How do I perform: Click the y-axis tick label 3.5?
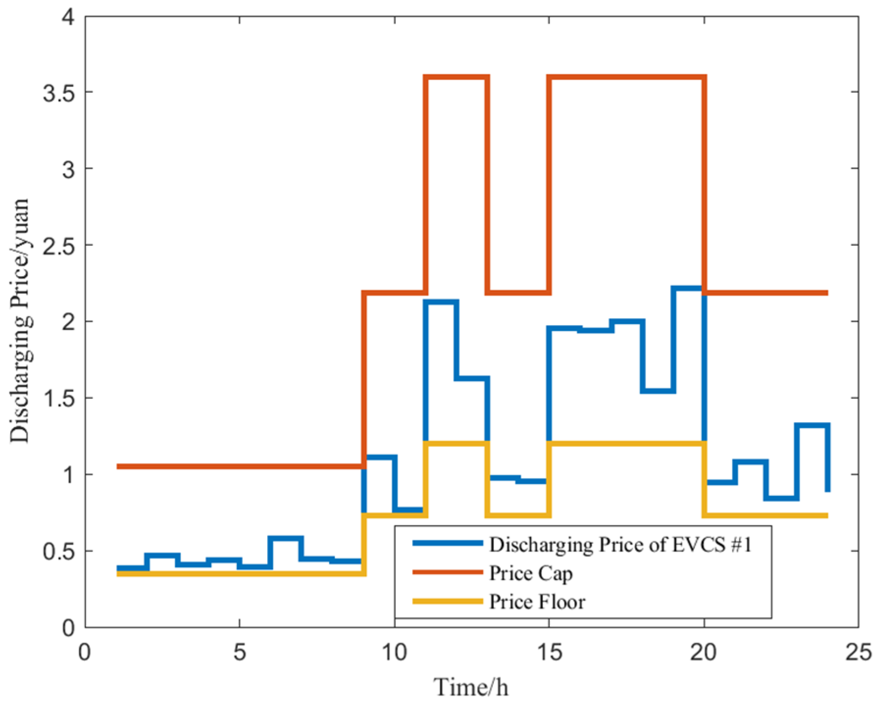coord(58,93)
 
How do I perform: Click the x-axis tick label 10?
coord(394,653)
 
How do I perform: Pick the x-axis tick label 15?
coord(549,653)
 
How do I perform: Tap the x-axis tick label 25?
coord(858,653)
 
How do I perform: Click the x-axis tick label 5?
coord(239,653)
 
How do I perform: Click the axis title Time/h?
coord(471,687)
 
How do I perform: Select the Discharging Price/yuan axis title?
coord(21,321)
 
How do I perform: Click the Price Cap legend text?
coord(530,573)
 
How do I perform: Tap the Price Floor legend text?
coord(537,602)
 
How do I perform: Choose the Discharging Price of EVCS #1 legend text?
coord(620,544)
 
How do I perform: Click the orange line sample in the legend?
coord(447,572)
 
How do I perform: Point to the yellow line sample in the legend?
coord(447,601)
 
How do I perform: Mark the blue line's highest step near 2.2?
coord(688,288)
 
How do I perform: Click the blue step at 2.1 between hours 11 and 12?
coord(441,302)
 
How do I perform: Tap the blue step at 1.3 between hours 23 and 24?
coord(812,425)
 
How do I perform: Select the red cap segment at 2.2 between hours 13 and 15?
coord(518,293)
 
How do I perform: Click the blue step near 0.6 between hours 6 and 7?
coord(285,538)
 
